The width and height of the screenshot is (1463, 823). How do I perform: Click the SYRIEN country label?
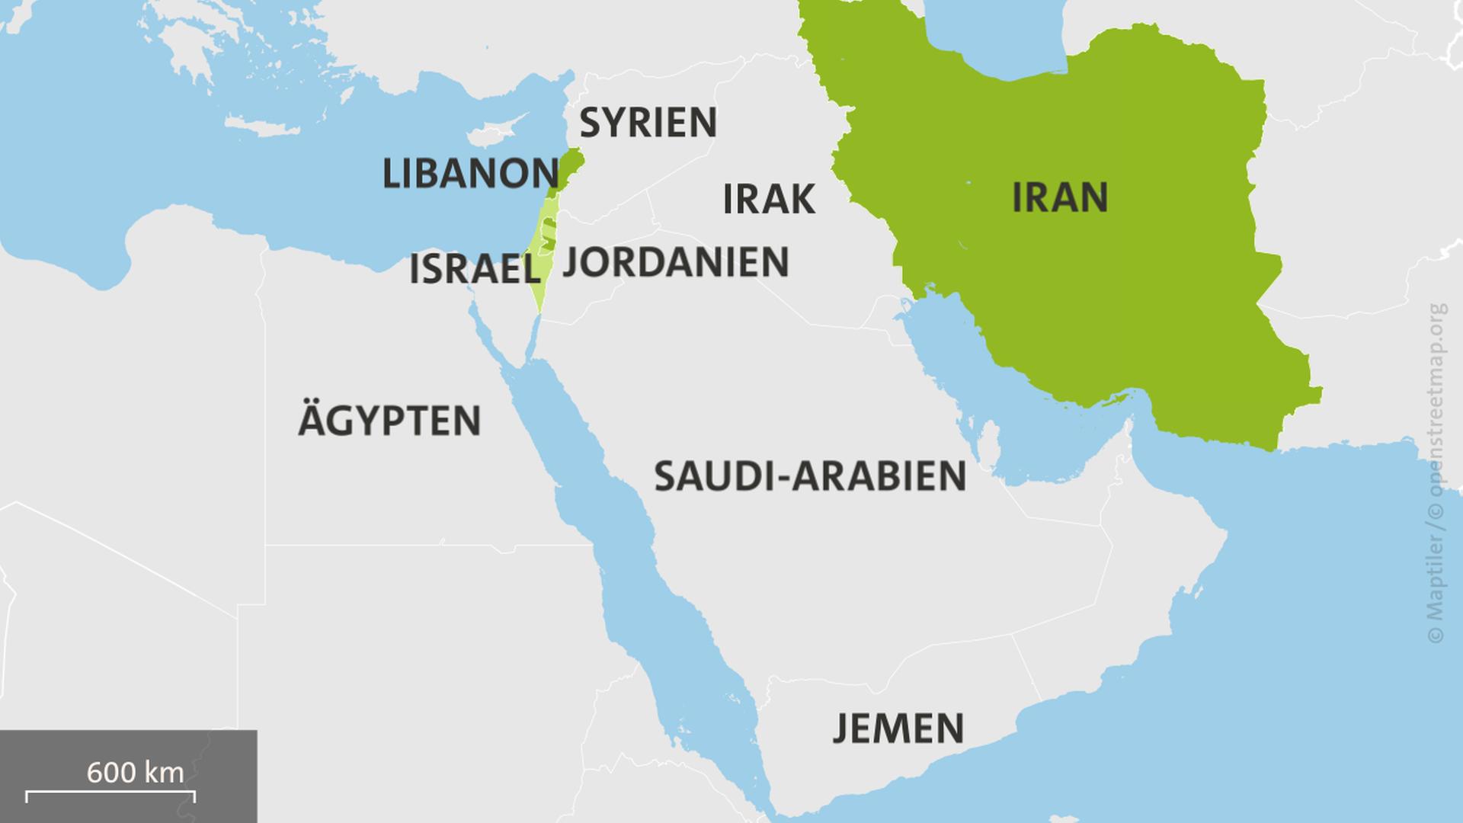(x=648, y=123)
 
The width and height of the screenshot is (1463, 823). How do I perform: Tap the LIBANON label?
(x=470, y=174)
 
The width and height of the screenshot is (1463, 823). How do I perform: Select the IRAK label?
(x=768, y=200)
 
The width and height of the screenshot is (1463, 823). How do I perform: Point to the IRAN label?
(x=1059, y=198)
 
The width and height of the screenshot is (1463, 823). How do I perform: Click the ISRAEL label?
(x=474, y=270)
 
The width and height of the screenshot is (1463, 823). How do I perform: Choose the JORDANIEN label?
(x=675, y=262)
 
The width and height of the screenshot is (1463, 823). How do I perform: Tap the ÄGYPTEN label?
(x=389, y=421)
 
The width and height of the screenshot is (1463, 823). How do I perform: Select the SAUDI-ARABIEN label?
(x=809, y=476)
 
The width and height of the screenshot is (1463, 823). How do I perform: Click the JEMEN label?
(x=898, y=728)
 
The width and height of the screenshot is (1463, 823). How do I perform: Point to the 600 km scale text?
(x=135, y=773)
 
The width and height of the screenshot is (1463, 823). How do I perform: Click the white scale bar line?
(x=110, y=794)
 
